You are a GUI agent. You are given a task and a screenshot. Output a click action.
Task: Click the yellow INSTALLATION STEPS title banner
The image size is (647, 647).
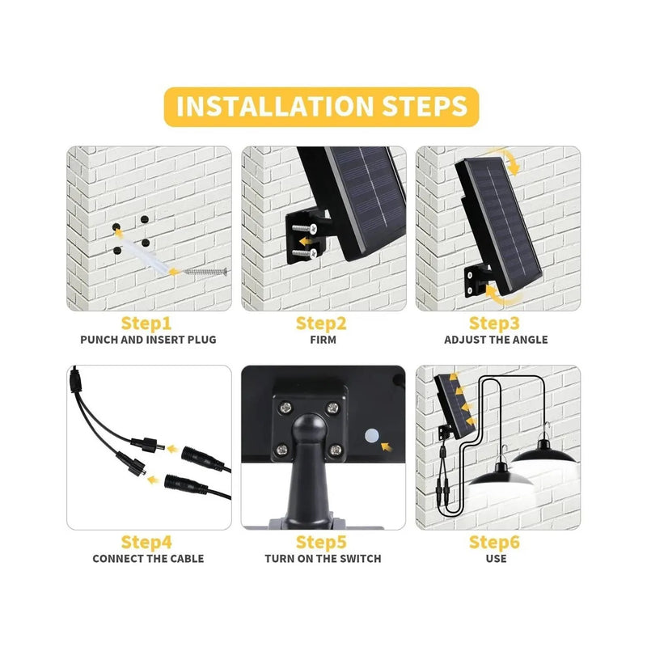coord(322,107)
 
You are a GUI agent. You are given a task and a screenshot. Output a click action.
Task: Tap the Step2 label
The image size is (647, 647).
coord(321,323)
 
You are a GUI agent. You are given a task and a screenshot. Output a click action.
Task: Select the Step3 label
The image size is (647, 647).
coord(495,323)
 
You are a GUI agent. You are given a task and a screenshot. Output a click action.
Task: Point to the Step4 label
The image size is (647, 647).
coord(146,542)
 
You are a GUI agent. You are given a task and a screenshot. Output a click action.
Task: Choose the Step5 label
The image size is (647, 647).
coord(321,542)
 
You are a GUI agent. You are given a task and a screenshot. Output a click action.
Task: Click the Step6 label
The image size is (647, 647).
coord(495,542)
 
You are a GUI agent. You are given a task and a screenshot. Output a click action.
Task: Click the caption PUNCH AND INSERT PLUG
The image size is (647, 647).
coord(148,340)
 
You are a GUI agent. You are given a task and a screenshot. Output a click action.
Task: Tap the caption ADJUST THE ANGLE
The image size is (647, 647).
coord(496,340)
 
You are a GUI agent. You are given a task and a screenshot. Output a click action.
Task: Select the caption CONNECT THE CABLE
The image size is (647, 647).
coord(148,558)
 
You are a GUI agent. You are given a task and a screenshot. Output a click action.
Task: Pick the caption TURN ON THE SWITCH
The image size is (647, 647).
coord(323,558)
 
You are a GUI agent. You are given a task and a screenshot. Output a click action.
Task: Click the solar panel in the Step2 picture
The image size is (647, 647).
coord(364,202)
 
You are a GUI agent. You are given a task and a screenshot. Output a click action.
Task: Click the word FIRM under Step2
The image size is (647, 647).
coord(323,340)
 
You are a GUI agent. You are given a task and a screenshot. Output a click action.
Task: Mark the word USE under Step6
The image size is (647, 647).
coord(496,558)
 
